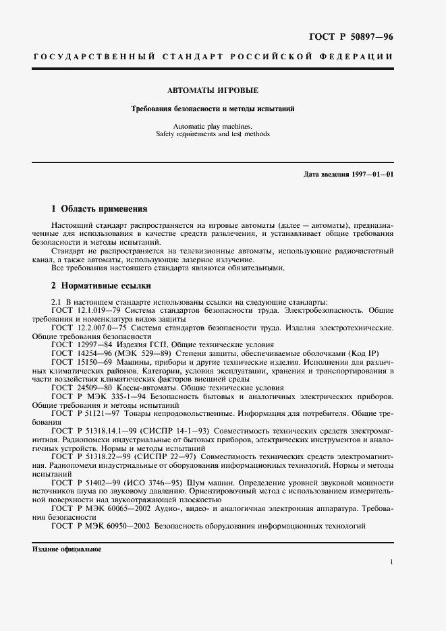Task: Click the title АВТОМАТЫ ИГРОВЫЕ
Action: (x=213, y=90)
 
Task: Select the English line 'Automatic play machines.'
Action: (x=213, y=125)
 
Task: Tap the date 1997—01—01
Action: (x=372, y=175)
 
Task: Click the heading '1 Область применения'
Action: (x=99, y=208)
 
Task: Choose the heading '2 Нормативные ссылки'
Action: (x=101, y=285)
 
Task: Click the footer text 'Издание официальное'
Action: (x=67, y=549)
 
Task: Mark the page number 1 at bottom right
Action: (x=391, y=561)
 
